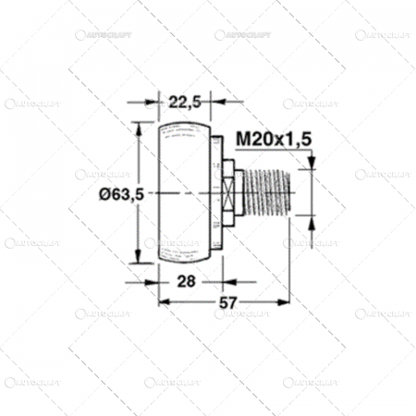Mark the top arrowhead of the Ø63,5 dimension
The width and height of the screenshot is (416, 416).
pyautogui.click(x=141, y=127)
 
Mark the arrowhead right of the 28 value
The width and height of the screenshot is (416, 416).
pyautogui.click(x=219, y=280)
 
